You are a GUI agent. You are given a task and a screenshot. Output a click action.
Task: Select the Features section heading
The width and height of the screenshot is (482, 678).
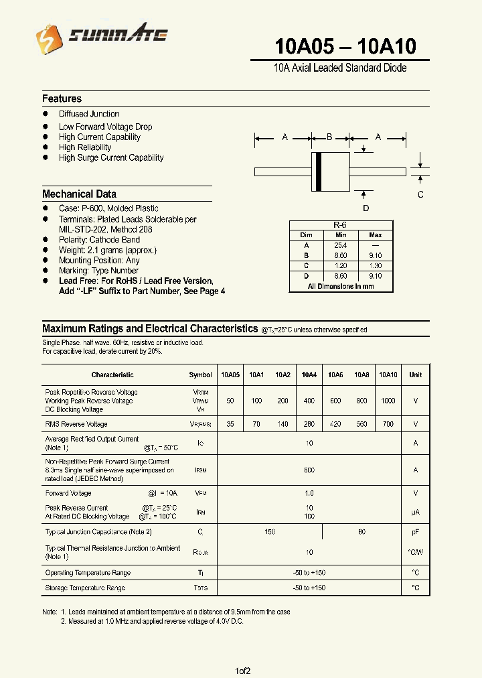(x=62, y=98)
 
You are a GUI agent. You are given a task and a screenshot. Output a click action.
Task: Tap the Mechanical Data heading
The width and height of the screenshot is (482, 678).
(x=79, y=194)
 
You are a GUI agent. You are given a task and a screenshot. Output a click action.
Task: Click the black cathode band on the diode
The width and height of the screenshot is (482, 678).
(x=319, y=172)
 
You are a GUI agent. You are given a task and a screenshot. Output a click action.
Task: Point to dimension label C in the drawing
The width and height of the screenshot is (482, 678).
(x=420, y=195)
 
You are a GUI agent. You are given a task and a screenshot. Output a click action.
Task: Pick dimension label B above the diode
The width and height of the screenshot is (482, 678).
(x=329, y=137)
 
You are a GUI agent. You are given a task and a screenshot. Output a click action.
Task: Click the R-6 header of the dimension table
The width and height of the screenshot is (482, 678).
(x=340, y=226)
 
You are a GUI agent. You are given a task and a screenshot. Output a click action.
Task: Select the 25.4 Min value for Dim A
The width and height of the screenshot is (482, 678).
(x=340, y=245)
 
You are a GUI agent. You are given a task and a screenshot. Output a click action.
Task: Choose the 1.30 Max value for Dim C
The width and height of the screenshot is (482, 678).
(x=375, y=265)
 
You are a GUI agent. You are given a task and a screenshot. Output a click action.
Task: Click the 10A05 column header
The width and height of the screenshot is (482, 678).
(x=230, y=375)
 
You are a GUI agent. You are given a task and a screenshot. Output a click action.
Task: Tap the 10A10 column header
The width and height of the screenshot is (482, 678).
(x=388, y=375)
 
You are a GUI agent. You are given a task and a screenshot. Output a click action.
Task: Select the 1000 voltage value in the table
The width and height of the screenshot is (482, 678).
(x=388, y=401)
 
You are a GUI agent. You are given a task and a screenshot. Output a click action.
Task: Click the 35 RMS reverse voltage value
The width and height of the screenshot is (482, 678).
(x=230, y=424)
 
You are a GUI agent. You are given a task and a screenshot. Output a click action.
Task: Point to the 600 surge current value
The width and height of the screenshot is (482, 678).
(x=309, y=470)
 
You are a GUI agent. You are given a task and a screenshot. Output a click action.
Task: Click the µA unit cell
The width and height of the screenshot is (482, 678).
(x=416, y=512)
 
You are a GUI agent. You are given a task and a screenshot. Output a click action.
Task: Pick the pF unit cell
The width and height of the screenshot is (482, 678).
(x=416, y=532)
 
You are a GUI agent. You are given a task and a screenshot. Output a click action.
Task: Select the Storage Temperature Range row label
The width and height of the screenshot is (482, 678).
(x=85, y=588)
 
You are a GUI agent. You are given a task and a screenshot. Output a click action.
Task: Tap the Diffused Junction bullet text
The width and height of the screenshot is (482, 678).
(x=89, y=114)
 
